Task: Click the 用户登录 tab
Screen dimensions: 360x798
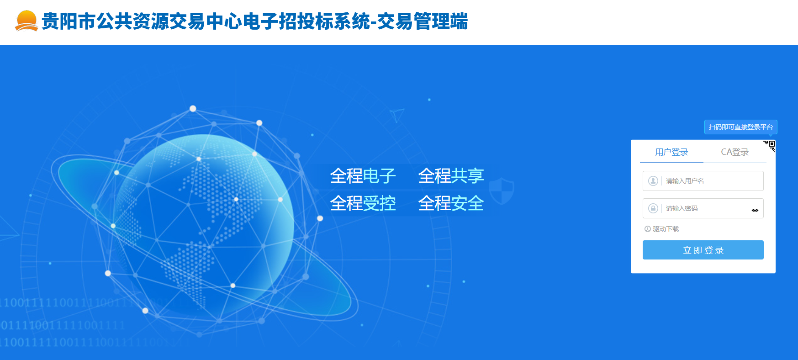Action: (x=671, y=152)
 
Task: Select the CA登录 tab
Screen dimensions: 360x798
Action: (x=735, y=152)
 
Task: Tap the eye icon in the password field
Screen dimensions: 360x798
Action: (x=755, y=210)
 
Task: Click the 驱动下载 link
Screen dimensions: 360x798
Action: (x=666, y=229)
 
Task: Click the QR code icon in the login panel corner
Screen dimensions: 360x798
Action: (x=771, y=145)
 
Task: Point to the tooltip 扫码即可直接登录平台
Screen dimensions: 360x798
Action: (x=740, y=127)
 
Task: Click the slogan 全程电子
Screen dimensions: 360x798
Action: (x=363, y=176)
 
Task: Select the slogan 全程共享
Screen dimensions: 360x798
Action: (x=451, y=176)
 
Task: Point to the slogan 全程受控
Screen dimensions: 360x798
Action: (x=363, y=203)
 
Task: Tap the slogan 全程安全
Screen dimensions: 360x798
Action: (x=451, y=203)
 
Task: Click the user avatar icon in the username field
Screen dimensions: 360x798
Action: (x=653, y=181)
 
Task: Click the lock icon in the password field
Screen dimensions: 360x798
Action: (x=653, y=208)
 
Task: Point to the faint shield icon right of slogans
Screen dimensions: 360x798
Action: (x=501, y=191)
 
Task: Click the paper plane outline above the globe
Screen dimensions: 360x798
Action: (x=396, y=115)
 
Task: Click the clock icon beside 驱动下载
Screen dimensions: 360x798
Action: (x=647, y=229)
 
